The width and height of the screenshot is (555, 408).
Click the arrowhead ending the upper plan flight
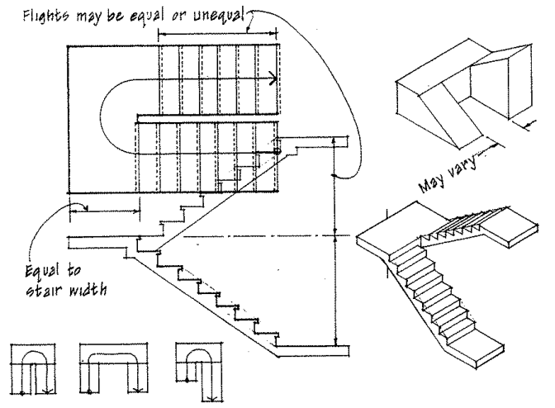(272, 80)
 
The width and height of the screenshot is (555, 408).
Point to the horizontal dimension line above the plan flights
(218, 35)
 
